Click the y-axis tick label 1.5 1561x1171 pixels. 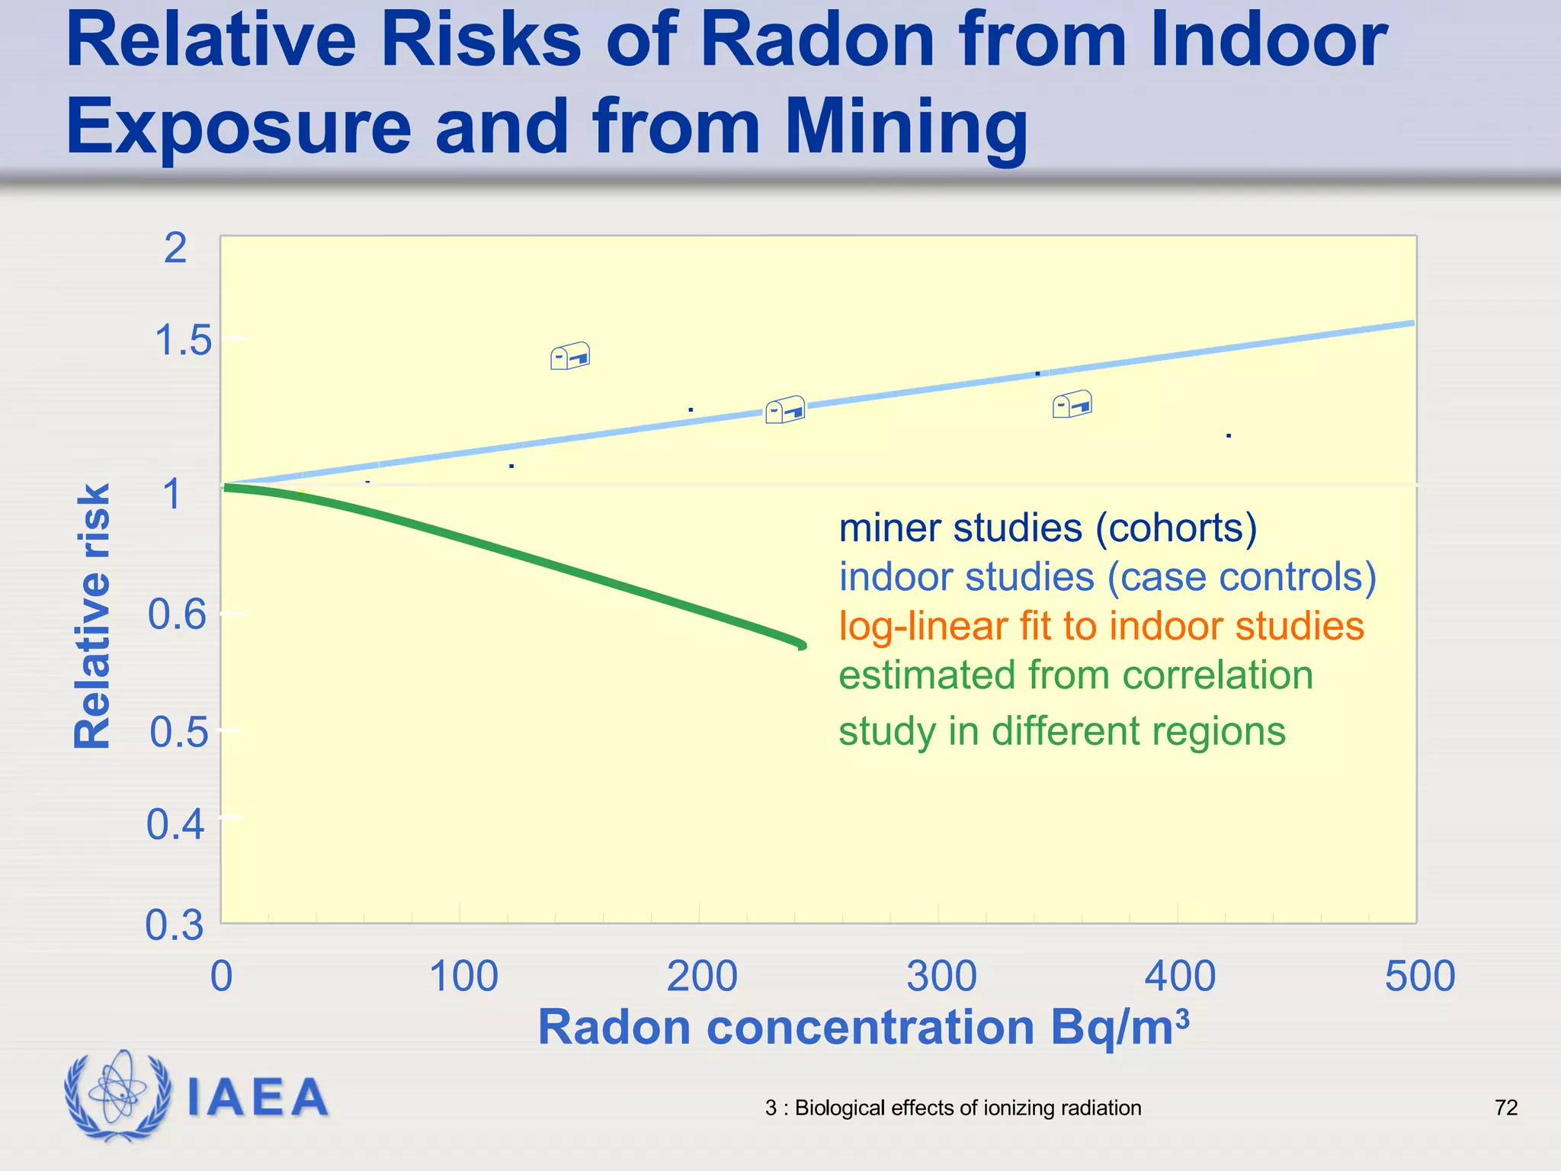[183, 340]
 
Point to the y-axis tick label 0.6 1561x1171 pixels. [177, 614]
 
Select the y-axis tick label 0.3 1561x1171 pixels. [175, 926]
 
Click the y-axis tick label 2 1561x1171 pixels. [175, 248]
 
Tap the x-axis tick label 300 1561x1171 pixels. [941, 977]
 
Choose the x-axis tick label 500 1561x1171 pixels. [1419, 977]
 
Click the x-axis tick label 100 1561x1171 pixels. [463, 977]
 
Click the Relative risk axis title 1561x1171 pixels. [93, 616]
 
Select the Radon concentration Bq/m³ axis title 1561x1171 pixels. [863, 1028]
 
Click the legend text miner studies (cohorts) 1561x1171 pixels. [1047, 528]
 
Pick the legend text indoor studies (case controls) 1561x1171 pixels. [1107, 576]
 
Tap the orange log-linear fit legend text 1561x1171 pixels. [1101, 626]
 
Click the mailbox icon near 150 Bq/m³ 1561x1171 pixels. [570, 356]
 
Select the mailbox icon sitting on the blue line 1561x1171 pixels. [785, 409]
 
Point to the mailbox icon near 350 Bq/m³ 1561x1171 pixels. [1072, 404]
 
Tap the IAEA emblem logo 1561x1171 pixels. [118, 1095]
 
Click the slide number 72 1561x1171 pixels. [1506, 1108]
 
